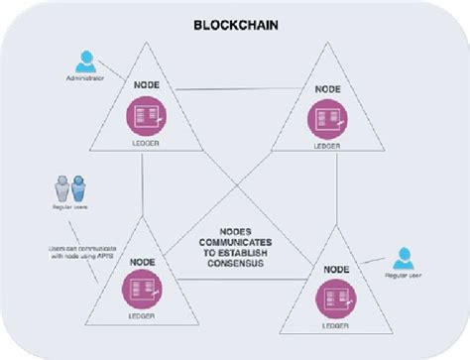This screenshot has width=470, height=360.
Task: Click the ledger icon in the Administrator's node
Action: coord(145,120)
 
